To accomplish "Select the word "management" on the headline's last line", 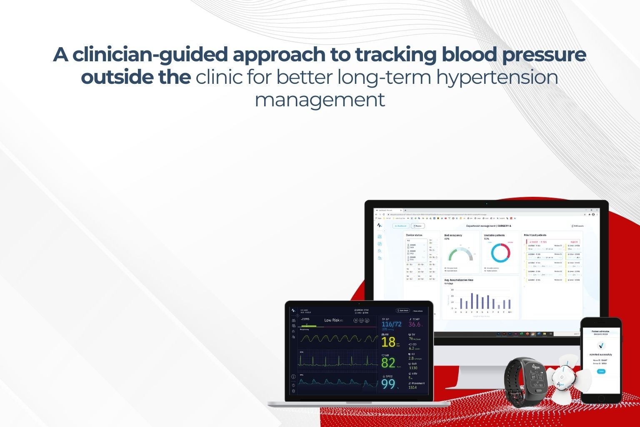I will (320, 100).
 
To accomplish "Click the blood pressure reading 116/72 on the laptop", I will (391, 324).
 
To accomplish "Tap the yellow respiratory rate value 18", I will (388, 342).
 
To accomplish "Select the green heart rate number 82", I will (388, 363).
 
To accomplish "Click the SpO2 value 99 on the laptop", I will (388, 384).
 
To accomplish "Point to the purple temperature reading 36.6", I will (415, 324).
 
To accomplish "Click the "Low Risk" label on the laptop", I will (332, 320).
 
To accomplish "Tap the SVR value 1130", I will (413, 368).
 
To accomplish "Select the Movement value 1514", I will (412, 387).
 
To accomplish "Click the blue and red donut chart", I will (500, 253).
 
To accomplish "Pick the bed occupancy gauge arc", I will (460, 253).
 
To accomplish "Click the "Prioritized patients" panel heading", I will (535, 235).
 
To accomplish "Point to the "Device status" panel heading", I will (414, 235).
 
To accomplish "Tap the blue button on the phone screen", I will (601, 371).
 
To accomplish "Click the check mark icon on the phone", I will (600, 345).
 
